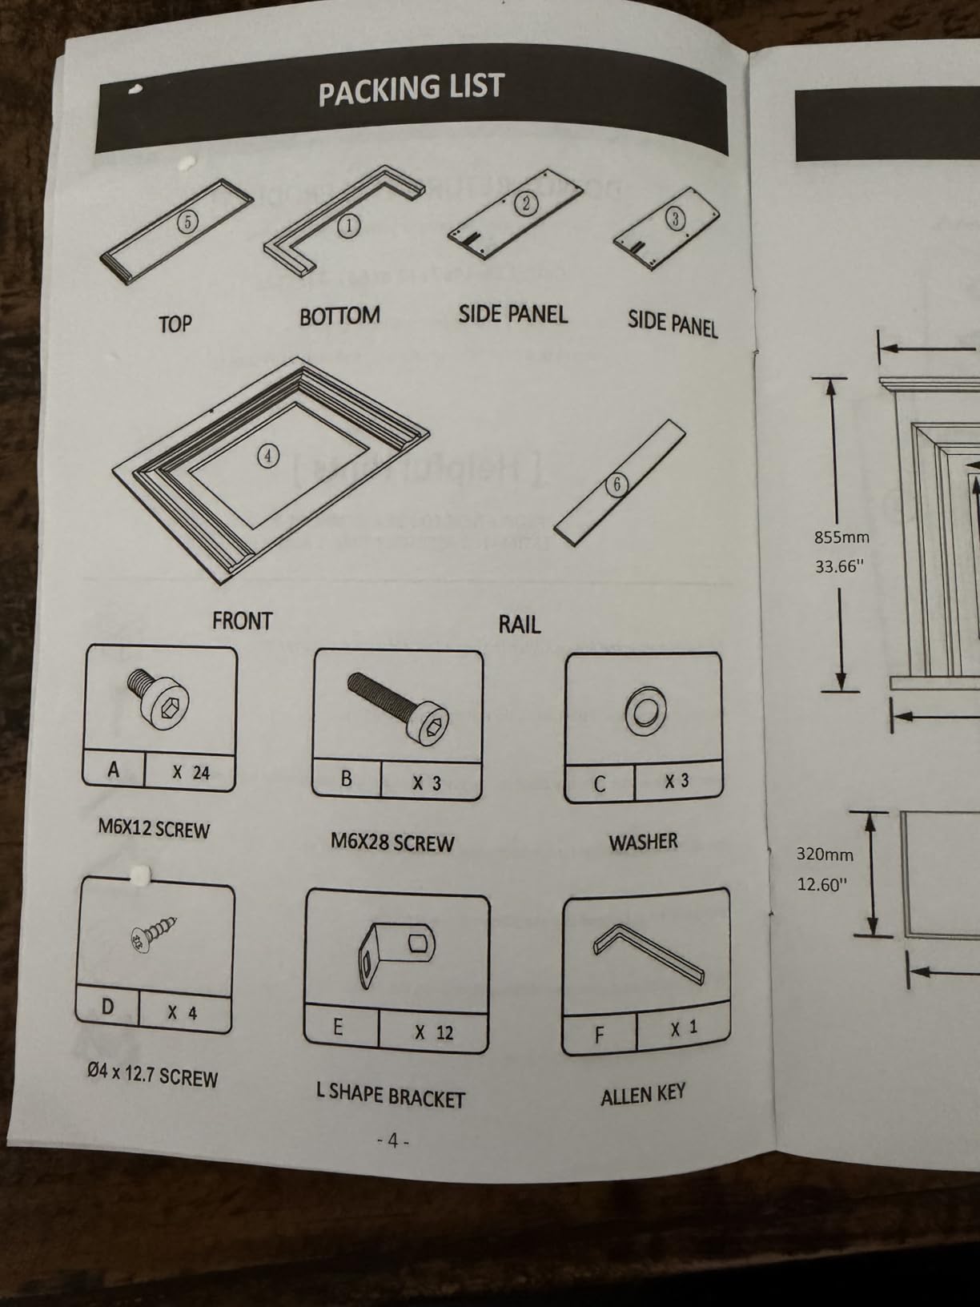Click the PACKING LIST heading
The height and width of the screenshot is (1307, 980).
[x=412, y=89]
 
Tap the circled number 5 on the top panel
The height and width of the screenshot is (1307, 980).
[x=187, y=223]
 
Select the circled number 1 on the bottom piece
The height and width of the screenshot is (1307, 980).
[x=348, y=226]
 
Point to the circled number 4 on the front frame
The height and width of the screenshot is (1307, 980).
[x=268, y=456]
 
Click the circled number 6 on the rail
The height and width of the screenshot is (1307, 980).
[x=617, y=485]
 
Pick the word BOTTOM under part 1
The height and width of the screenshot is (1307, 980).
[x=339, y=316]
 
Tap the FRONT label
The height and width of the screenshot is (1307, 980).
[x=242, y=621]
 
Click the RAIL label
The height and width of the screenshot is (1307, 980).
[x=520, y=625]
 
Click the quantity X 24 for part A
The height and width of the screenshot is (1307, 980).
[x=191, y=773]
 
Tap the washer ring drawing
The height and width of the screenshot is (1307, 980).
[x=645, y=711]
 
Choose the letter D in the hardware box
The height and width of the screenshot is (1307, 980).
[x=108, y=1007]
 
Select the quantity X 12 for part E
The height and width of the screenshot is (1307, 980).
[x=435, y=1032]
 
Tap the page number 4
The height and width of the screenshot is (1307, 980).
[x=392, y=1141]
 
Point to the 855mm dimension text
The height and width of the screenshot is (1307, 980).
[x=841, y=537]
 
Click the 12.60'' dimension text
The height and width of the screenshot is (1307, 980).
[x=821, y=885]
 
